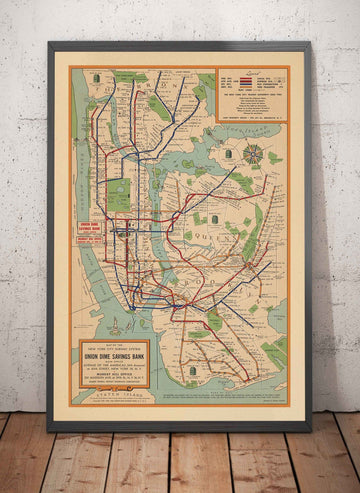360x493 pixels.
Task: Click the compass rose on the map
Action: (253, 154)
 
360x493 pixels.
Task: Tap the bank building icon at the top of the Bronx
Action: (97, 78)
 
